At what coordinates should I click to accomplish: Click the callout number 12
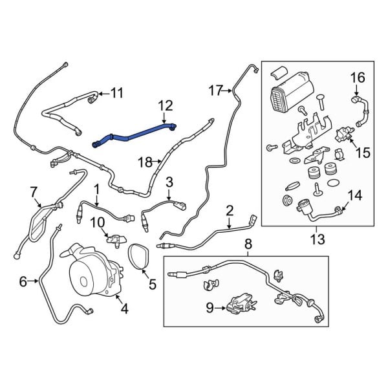166,105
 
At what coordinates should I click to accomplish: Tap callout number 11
116,93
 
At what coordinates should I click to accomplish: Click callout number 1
96,189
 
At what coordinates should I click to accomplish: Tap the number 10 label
97,222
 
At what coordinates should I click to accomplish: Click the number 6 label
23,281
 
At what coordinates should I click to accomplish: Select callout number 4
124,308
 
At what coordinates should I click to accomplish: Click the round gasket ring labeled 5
138,255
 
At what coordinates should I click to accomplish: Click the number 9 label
210,308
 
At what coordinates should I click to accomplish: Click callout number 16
358,78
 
